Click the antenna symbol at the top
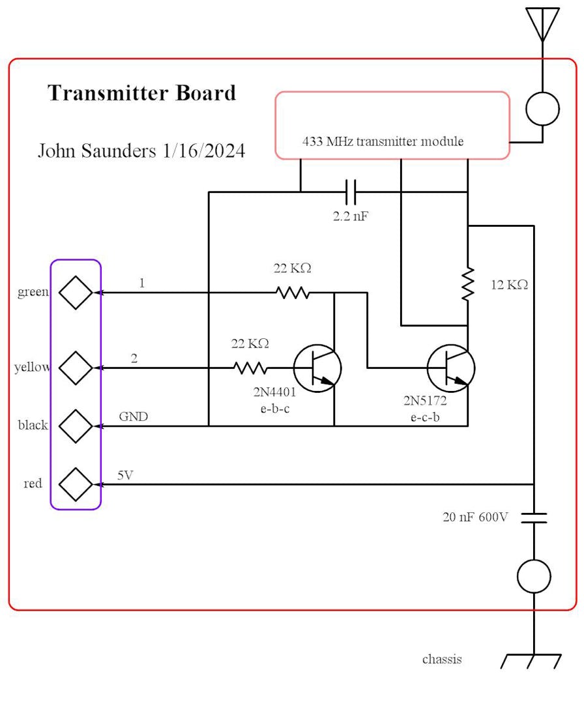542,23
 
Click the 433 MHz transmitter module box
392,124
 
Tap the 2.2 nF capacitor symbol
351,192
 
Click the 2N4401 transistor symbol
317,368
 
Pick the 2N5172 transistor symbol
451,368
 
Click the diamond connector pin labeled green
76,293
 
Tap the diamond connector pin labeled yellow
76,368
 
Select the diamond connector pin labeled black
76,426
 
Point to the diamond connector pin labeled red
76,484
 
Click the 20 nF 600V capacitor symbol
534,517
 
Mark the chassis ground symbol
532,661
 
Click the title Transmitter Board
142,93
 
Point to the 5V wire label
125,475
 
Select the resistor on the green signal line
292,293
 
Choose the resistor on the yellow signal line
250,368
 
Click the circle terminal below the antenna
542,109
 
